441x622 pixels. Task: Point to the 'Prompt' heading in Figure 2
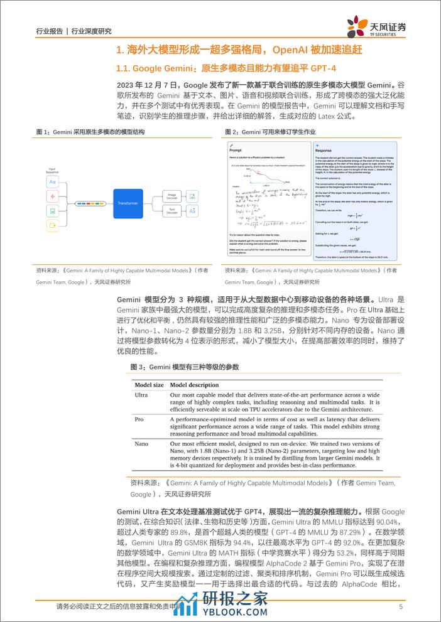point(236,151)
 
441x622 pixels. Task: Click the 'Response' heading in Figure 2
point(324,151)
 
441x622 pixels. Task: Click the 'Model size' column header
point(150,385)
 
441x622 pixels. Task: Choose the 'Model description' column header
point(195,385)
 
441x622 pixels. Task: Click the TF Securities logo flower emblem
point(359,27)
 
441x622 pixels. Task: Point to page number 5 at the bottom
point(400,607)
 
